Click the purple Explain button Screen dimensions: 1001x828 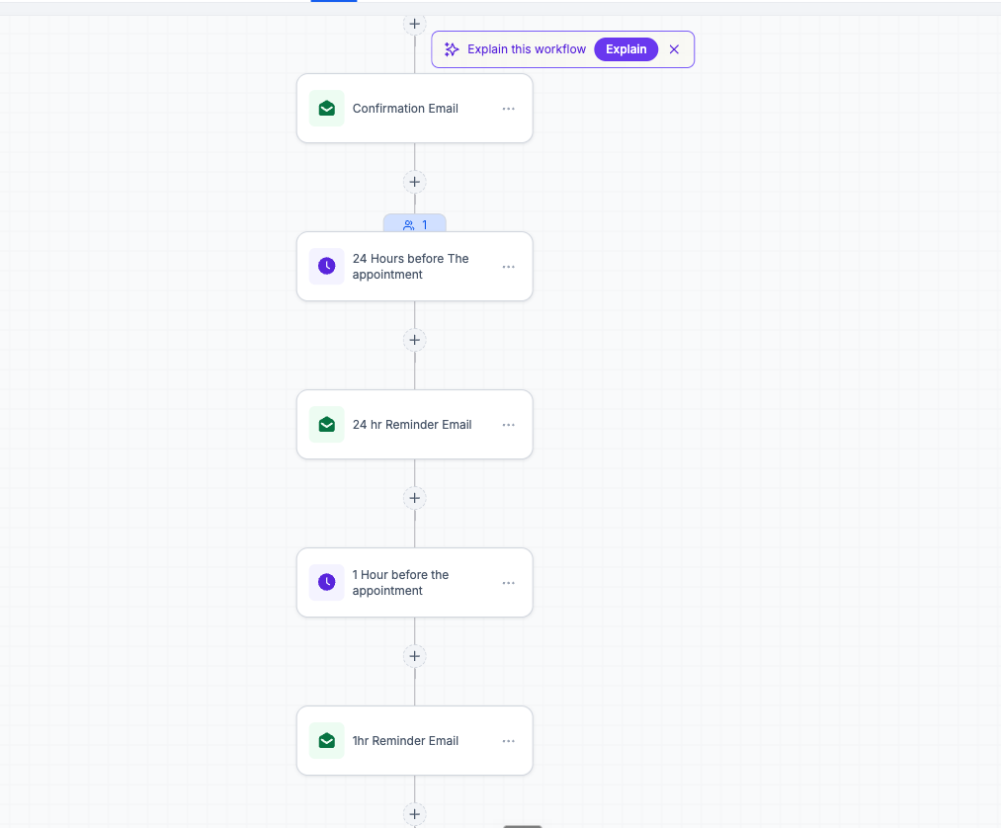pyautogui.click(x=626, y=49)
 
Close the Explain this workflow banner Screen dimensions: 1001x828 pyautogui.click(x=674, y=49)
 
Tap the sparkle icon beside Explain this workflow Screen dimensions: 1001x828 pyautogui.click(x=452, y=49)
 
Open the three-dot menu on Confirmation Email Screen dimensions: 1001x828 pyautogui.click(x=508, y=109)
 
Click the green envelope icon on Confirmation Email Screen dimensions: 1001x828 pyautogui.click(x=327, y=109)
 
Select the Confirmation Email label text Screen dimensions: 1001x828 pyautogui.click(x=405, y=109)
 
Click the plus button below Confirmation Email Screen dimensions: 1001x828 pyautogui.click(x=414, y=182)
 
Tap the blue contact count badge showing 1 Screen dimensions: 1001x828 pyautogui.click(x=415, y=224)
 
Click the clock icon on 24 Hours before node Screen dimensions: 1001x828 pyautogui.click(x=327, y=266)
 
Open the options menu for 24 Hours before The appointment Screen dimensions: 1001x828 pyautogui.click(x=508, y=266)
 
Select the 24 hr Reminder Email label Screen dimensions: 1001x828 pyautogui.click(x=412, y=425)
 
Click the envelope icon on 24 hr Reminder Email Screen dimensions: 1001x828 pyautogui.click(x=327, y=425)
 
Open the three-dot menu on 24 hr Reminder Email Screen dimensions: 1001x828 pyautogui.click(x=508, y=425)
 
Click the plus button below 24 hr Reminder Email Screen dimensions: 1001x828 pyautogui.click(x=414, y=498)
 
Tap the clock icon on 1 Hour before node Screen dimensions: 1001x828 pyautogui.click(x=327, y=582)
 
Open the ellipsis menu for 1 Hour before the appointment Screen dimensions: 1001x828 pyautogui.click(x=508, y=583)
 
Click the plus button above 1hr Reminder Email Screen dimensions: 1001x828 pyautogui.click(x=414, y=656)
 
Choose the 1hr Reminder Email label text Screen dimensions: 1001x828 pyautogui.click(x=405, y=740)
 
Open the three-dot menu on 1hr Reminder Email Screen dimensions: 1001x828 pyautogui.click(x=508, y=741)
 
